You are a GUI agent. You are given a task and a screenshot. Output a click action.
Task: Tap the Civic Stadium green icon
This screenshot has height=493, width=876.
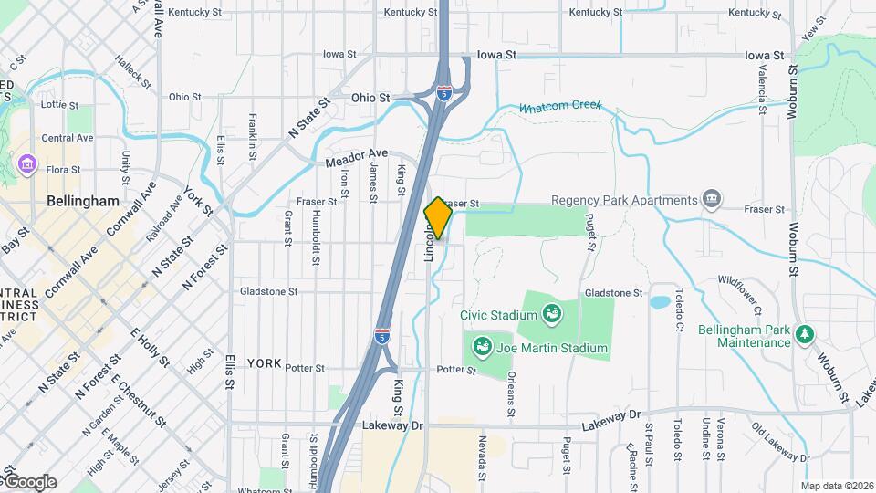click(x=551, y=315)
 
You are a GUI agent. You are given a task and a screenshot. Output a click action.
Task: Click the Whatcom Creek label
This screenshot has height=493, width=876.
click(x=560, y=107)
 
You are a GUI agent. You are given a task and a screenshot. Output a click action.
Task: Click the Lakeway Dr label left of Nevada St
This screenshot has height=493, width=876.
click(x=393, y=425)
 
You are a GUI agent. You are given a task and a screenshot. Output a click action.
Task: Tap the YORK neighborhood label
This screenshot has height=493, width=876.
click(x=264, y=363)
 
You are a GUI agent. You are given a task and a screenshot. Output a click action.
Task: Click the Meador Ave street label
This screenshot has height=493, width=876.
click(x=357, y=157)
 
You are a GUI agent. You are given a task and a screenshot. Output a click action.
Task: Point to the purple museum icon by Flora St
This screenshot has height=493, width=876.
click(x=26, y=164)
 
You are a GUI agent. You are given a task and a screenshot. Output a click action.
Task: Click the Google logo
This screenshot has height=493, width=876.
click(x=29, y=482)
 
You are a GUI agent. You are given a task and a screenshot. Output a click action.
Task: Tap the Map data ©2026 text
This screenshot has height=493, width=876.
click(x=836, y=486)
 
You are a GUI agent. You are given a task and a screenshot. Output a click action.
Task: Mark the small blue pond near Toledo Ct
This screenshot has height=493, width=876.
click(x=658, y=301)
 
